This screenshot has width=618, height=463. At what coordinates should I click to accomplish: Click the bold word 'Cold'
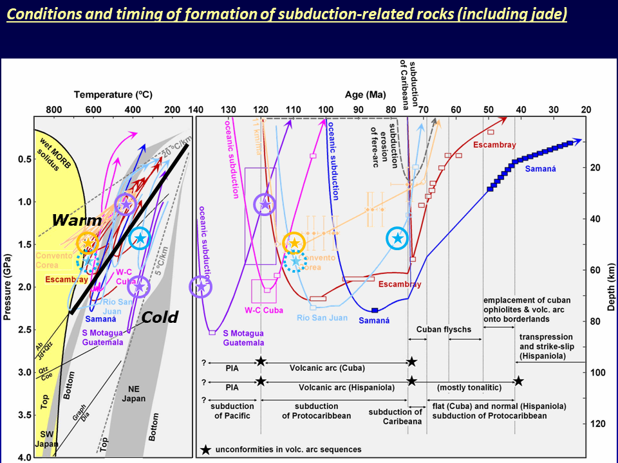click(160, 316)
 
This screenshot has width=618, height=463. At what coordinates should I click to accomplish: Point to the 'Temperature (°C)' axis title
click(113, 95)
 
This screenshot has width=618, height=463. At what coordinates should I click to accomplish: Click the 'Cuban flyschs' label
click(444, 330)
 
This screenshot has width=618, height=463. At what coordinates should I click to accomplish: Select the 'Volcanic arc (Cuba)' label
click(336, 368)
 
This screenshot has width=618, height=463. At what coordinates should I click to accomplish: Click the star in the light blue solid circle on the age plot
click(398, 238)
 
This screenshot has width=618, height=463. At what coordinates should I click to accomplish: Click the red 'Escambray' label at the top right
click(494, 145)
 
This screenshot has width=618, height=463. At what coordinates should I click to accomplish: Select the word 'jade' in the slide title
click(549, 14)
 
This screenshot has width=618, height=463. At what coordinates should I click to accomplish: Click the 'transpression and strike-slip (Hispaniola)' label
click(547, 347)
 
